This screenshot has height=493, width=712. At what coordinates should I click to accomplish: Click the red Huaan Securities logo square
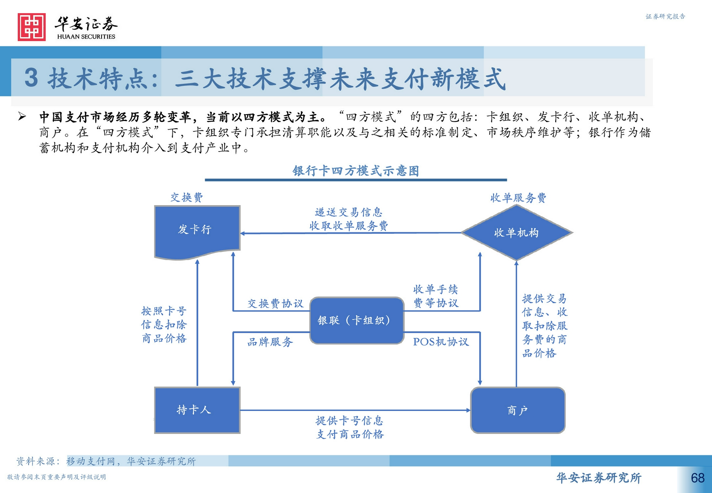(x=32, y=27)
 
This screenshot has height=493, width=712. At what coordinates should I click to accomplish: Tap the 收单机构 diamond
(x=516, y=233)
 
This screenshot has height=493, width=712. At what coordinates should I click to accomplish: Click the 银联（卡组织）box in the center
(x=356, y=320)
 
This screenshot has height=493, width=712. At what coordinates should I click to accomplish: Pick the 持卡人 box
(x=197, y=410)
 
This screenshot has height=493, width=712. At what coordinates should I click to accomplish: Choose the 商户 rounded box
(x=517, y=410)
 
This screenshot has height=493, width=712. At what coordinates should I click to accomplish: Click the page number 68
(x=697, y=478)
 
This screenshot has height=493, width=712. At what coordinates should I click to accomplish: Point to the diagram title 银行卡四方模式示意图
(x=356, y=171)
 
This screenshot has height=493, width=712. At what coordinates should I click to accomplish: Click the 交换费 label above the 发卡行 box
(x=187, y=197)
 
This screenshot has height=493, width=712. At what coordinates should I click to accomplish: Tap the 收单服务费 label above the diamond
(x=518, y=198)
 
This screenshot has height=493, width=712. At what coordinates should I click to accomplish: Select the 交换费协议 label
(x=275, y=304)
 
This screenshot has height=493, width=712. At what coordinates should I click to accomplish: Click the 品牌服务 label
(x=270, y=342)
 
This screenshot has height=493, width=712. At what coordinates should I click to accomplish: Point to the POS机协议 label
(x=441, y=342)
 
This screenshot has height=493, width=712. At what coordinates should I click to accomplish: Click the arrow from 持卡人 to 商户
(x=355, y=410)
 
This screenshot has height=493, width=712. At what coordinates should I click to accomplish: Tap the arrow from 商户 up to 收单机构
(x=516, y=323)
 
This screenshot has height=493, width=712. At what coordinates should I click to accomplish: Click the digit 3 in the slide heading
(x=31, y=78)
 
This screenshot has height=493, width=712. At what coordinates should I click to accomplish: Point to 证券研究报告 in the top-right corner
(x=665, y=16)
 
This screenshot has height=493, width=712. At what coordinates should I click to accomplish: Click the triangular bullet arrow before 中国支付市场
(x=22, y=116)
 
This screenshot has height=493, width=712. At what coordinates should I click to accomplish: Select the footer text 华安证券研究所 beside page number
(x=599, y=478)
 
